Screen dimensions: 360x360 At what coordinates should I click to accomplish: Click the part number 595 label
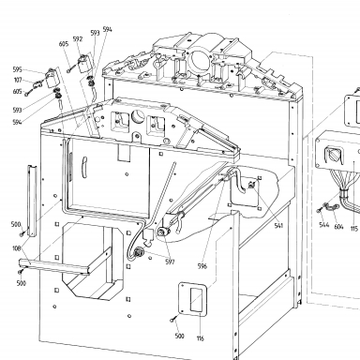pyautogui.click(x=18, y=69)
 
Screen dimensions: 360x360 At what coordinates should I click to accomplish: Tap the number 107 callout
pyautogui.click(x=18, y=81)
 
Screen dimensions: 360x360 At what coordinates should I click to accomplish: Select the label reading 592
pyautogui.click(x=78, y=39)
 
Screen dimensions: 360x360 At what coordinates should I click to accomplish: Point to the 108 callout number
pyautogui.click(x=17, y=248)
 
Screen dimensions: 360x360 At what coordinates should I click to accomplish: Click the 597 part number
pyautogui.click(x=170, y=262)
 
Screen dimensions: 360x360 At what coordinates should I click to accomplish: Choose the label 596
pyautogui.click(x=202, y=266)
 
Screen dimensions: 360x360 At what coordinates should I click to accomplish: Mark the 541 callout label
pyautogui.click(x=278, y=226)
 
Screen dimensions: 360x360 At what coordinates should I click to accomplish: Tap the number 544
pyautogui.click(x=324, y=225)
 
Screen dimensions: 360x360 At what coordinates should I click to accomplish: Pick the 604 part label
pyautogui.click(x=338, y=227)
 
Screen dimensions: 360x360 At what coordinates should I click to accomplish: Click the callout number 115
pyautogui.click(x=353, y=229)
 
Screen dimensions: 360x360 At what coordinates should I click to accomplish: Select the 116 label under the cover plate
pyautogui.click(x=201, y=338)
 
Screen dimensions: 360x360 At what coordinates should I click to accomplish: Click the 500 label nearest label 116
pyautogui.click(x=179, y=336)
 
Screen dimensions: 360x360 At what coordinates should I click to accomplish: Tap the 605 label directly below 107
pyautogui.click(x=18, y=92)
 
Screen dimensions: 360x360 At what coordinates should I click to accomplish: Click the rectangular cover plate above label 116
pyautogui.click(x=193, y=299)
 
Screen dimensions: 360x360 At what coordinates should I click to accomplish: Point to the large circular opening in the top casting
pyautogui.click(x=199, y=60)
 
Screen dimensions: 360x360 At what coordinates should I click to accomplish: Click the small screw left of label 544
pyautogui.click(x=319, y=211)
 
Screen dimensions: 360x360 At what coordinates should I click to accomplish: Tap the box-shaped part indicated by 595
pyautogui.click(x=52, y=78)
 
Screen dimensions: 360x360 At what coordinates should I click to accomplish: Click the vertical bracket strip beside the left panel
pyautogui.click(x=32, y=201)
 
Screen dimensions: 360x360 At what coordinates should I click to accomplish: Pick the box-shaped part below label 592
pyautogui.click(x=84, y=64)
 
